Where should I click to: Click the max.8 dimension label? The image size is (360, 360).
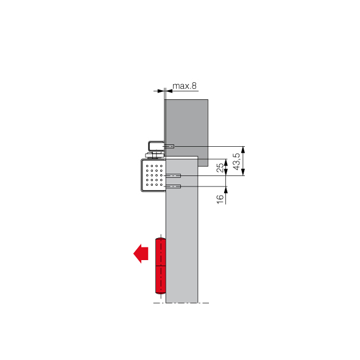click(x=185, y=86)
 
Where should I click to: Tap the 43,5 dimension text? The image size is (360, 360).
click(x=237, y=161)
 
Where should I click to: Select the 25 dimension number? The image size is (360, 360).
click(x=220, y=168)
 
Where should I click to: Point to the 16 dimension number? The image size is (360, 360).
click(x=220, y=199)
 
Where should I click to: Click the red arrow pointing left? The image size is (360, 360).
click(x=141, y=253)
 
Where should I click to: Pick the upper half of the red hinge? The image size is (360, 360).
click(x=160, y=252)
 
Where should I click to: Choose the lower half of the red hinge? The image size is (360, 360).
click(x=160, y=280)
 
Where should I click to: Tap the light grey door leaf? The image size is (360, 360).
click(x=182, y=230)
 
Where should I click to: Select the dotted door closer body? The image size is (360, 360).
click(x=153, y=175)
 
